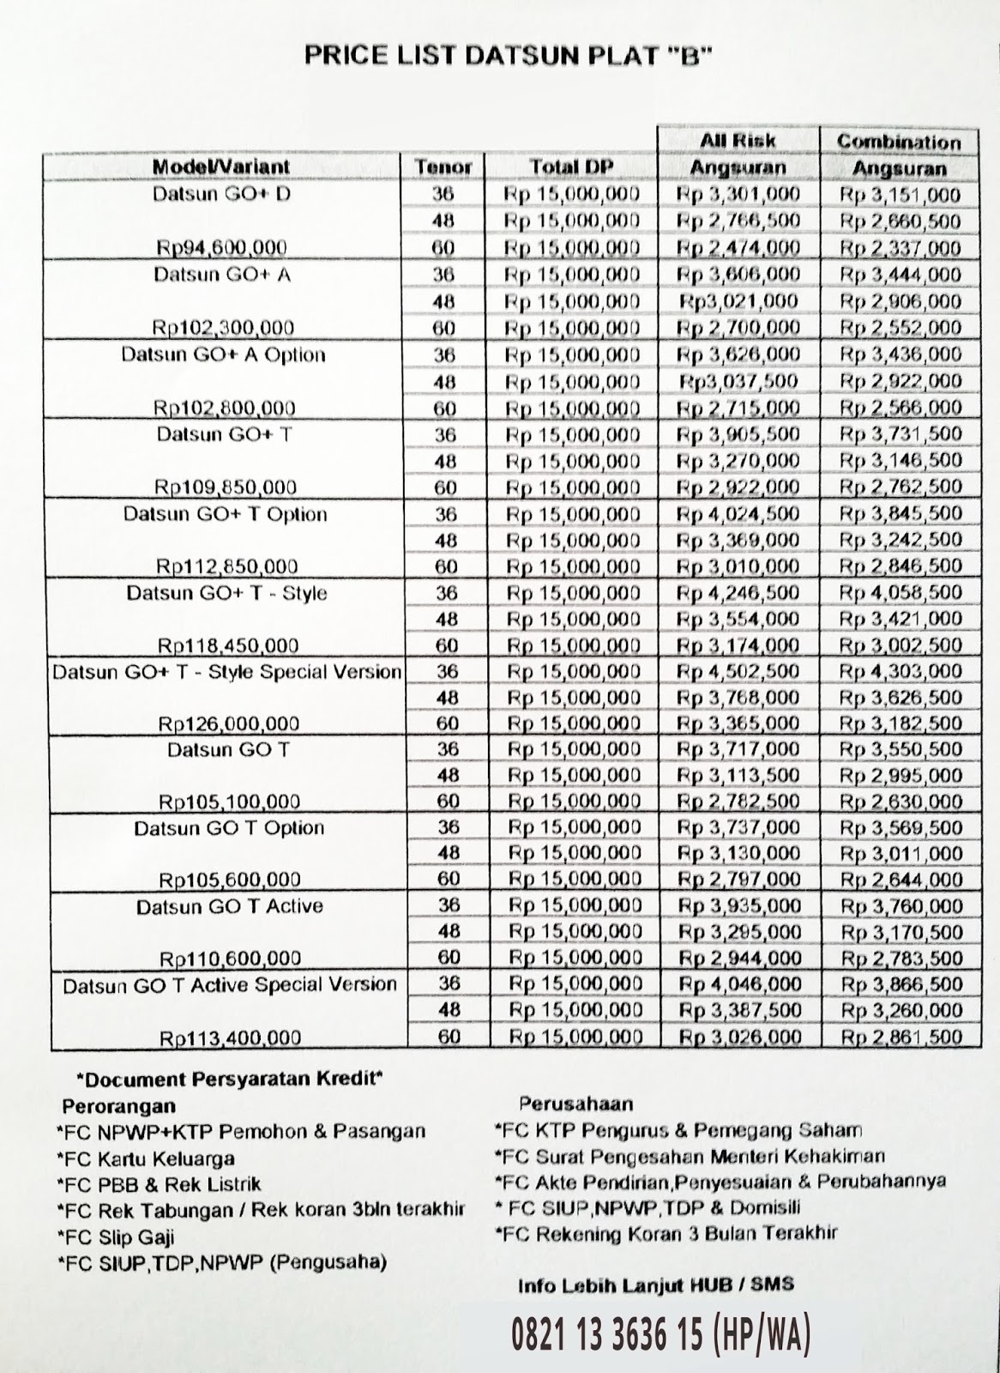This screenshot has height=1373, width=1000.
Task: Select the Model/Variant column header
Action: [221, 166]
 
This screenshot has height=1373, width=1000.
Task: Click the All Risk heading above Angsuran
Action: [738, 140]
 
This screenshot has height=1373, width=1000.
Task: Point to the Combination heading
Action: [898, 142]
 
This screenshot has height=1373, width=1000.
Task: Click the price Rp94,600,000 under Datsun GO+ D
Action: [221, 248]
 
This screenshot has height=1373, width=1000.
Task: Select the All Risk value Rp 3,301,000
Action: [738, 195]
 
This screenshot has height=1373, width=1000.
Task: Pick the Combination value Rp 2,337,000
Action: [900, 249]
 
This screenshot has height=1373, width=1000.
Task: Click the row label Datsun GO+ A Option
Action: [223, 355]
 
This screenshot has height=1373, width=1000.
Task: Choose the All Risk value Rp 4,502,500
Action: [738, 671]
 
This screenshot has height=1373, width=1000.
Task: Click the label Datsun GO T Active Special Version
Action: [230, 985]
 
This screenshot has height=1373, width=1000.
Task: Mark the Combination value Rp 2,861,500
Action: [901, 1037]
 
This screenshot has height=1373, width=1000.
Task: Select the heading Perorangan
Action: [118, 1106]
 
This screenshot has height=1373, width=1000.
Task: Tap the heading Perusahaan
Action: [575, 1104]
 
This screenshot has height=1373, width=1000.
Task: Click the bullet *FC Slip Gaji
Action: [117, 1237]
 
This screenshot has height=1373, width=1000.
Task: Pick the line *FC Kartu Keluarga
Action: [146, 1158]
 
